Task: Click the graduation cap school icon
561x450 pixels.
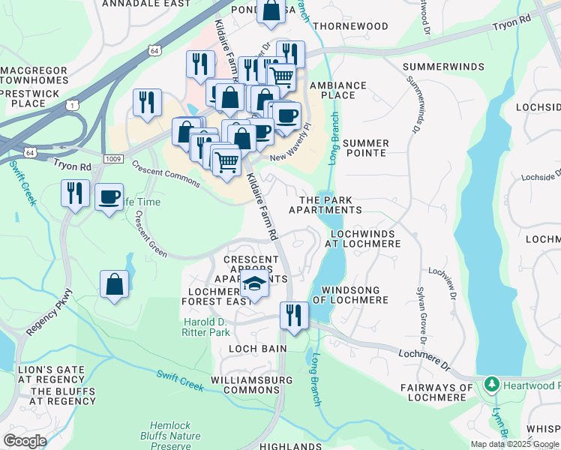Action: coord(255,284)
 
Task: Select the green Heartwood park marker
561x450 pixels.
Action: coord(492,385)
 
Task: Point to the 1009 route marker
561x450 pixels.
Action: coord(113,158)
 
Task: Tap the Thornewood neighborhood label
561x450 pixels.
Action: coord(351,26)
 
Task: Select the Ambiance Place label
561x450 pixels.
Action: coord(337,91)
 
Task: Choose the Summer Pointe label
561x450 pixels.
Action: coord(365,148)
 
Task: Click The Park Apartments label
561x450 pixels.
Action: coord(330,205)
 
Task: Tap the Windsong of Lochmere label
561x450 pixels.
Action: coord(355,295)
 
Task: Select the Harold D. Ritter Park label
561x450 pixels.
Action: coord(207,327)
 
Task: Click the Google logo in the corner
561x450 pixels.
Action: coord(25,441)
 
